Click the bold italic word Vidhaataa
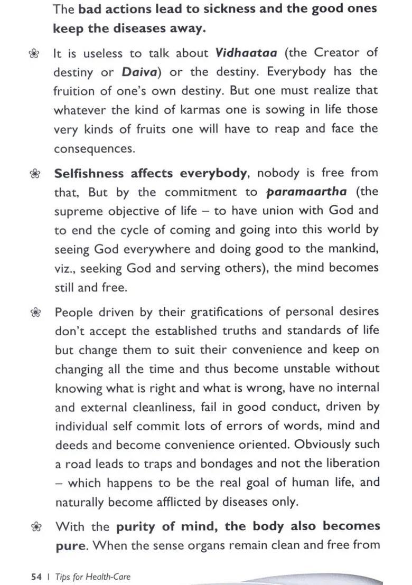point(245,53)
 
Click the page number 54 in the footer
point(36,577)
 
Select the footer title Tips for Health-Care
point(92,577)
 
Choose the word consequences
point(94,148)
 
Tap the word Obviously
point(332,444)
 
